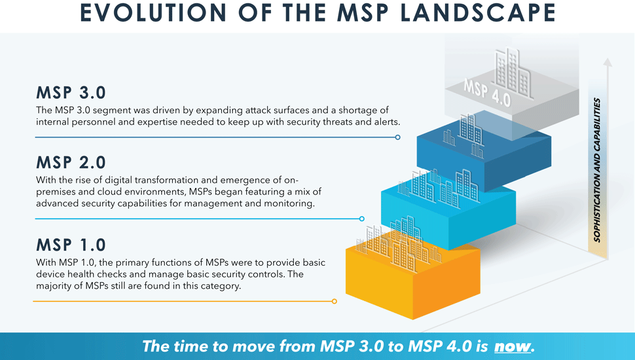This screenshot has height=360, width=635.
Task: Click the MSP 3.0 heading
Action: (x=71, y=93)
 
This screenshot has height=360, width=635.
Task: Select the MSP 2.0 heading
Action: (x=71, y=163)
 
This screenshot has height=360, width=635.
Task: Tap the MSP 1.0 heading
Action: (x=71, y=245)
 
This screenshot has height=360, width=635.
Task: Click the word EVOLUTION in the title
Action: (x=153, y=12)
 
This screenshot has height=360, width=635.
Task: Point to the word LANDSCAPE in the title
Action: (x=478, y=12)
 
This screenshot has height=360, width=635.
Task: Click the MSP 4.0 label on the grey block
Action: (x=487, y=93)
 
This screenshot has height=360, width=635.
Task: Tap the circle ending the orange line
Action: (x=334, y=301)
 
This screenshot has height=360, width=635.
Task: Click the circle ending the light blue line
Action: (x=361, y=219)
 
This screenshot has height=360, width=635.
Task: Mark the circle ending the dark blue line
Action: (x=397, y=137)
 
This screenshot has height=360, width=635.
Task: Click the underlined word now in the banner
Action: (x=513, y=347)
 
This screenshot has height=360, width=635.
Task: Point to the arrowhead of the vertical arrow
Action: (x=607, y=62)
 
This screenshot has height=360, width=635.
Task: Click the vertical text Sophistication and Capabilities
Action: (x=597, y=170)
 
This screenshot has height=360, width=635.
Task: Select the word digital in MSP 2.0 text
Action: (x=118, y=180)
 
